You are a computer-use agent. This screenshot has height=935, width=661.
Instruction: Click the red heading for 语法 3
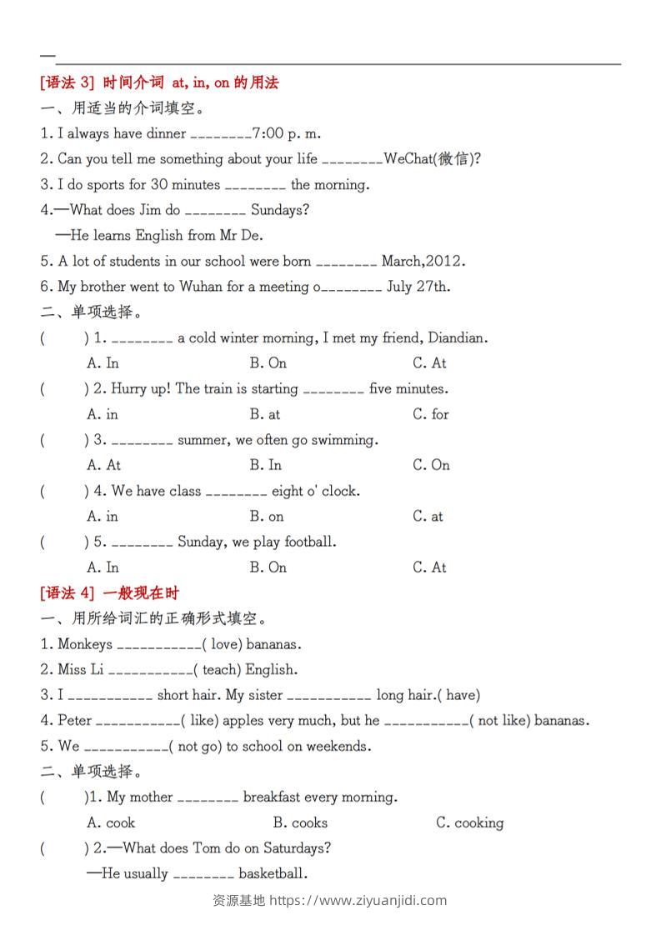pos(158,82)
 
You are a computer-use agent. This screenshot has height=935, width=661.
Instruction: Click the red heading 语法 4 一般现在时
pos(109,593)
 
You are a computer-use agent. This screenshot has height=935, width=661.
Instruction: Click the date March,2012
pos(423,261)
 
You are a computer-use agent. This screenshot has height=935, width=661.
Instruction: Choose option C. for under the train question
pos(430,414)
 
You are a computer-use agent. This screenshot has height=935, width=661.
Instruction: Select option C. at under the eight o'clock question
pos(428,517)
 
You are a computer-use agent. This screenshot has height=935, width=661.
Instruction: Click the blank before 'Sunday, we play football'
pos(142,543)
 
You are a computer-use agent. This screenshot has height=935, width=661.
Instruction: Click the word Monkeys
pos(85,644)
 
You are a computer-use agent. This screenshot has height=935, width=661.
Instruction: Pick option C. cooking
pos(469,823)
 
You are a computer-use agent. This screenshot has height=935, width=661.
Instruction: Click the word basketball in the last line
pos(273,874)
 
